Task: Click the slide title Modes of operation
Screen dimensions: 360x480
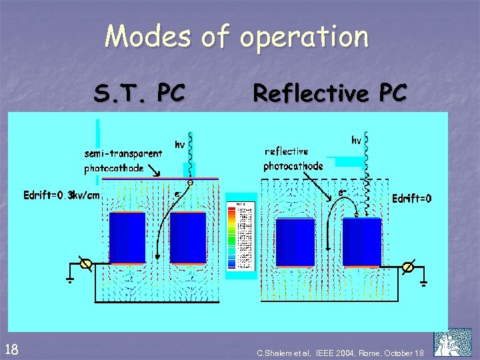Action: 236,36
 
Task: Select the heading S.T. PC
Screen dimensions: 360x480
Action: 139,94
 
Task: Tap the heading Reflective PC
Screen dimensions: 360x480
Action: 329,93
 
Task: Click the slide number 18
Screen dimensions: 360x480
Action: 11,347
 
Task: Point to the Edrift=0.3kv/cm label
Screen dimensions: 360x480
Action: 61,195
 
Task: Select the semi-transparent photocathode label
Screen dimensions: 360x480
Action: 123,161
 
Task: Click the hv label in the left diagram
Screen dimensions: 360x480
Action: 179,144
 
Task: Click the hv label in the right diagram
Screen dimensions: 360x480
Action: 357,140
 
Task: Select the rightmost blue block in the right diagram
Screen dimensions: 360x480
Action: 361,242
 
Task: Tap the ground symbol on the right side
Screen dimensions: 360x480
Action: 423,278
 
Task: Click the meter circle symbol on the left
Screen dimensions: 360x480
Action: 85,264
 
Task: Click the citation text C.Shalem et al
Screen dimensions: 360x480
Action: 341,352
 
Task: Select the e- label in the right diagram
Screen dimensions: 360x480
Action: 341,193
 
